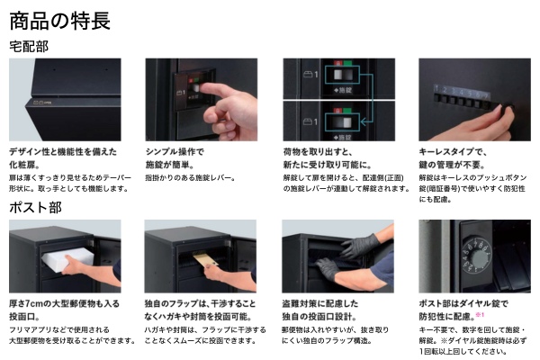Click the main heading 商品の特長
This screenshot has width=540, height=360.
(59, 21)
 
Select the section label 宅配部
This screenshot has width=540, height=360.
(29, 47)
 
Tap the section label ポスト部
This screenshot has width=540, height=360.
(35, 207)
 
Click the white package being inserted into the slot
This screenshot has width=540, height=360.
(67, 256)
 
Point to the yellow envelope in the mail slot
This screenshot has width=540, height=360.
(206, 259)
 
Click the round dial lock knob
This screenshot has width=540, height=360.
(480, 256)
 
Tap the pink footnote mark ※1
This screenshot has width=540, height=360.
(480, 314)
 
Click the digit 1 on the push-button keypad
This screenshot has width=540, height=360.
(436, 88)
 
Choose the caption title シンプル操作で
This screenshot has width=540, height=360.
(175, 152)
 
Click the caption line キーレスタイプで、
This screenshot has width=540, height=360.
(453, 152)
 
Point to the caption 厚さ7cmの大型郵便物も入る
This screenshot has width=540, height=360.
(65, 303)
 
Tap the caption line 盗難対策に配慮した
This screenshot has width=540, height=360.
(320, 303)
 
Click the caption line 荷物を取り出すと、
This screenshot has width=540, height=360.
(318, 152)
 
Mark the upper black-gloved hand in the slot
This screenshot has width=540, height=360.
(359, 246)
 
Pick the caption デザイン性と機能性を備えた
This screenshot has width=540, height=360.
(63, 152)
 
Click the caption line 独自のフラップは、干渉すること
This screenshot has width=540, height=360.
(200, 303)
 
